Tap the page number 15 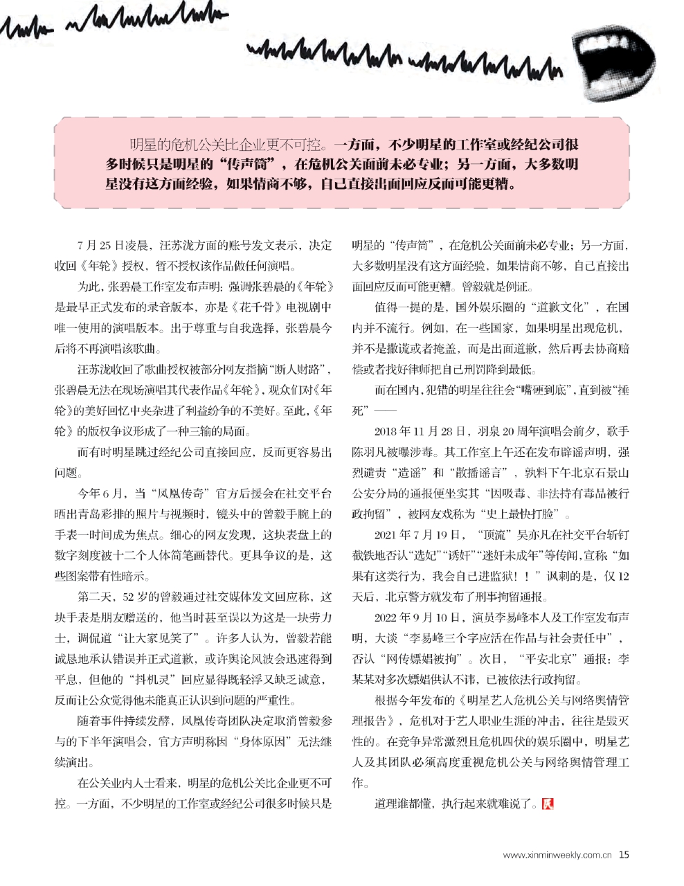[x=624, y=854]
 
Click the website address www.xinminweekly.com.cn [x=558, y=855]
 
